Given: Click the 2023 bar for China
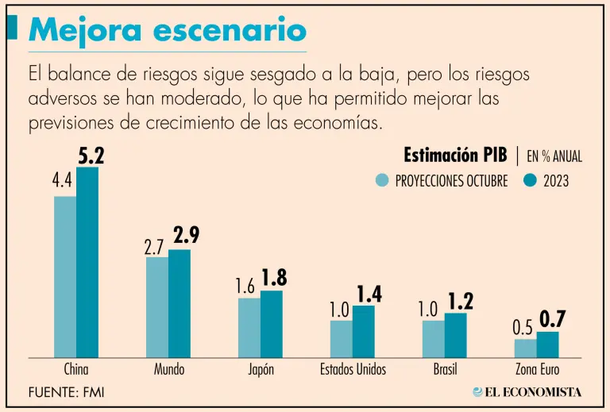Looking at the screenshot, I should (87, 262).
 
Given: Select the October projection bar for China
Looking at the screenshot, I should (65, 276).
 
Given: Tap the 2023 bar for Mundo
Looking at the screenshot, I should (180, 303).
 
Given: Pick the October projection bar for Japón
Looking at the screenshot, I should (249, 327).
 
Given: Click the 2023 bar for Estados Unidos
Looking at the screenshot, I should (364, 331).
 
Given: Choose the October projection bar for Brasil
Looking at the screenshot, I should (434, 338).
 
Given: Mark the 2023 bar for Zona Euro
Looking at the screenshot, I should (548, 345).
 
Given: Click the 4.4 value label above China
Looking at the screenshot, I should (63, 183).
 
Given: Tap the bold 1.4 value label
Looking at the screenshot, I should (369, 294).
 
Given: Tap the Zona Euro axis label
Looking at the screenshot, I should (536, 369).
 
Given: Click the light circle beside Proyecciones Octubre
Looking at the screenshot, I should (383, 180).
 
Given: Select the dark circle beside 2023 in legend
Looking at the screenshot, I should (531, 180).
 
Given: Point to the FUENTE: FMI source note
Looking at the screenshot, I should (67, 391).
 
